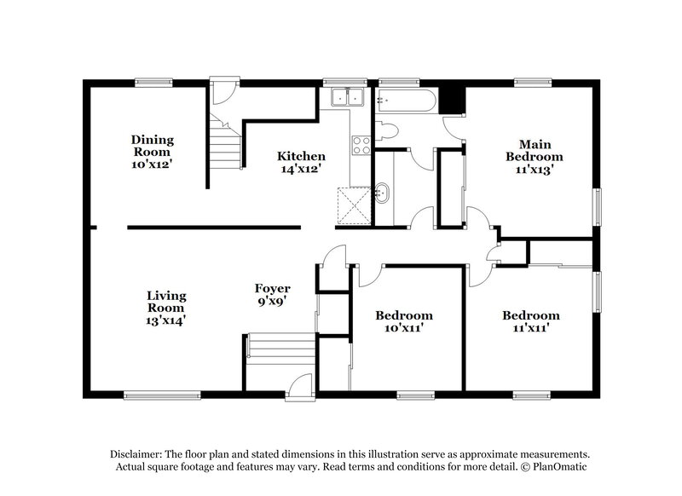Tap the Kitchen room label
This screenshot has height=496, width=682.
(x=301, y=157)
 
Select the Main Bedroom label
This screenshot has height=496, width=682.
(x=534, y=151)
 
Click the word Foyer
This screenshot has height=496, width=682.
(x=273, y=289)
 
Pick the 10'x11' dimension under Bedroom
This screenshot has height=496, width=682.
(x=404, y=327)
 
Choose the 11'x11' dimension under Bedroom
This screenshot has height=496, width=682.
(x=530, y=327)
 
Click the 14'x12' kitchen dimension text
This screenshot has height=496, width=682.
(x=301, y=170)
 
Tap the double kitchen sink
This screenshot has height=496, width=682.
(x=348, y=98)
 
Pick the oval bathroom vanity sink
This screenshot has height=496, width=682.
(x=383, y=192)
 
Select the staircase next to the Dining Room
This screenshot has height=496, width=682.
(x=226, y=144)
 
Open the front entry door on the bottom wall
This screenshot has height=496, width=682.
(x=300, y=386)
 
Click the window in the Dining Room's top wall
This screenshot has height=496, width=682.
(x=153, y=83)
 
